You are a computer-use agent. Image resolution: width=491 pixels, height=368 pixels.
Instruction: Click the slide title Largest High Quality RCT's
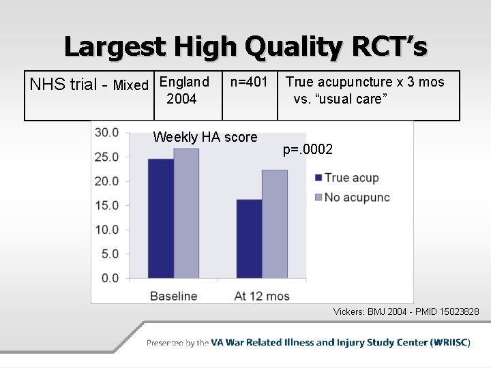(x=245, y=46)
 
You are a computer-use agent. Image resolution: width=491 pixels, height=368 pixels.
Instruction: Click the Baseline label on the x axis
(x=173, y=296)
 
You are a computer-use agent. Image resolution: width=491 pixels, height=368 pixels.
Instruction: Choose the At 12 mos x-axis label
(x=261, y=296)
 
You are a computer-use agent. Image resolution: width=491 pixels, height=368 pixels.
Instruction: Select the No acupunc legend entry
(x=356, y=198)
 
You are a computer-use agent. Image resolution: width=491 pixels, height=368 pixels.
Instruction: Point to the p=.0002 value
(x=308, y=149)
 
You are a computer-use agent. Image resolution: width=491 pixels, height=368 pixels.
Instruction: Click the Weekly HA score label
(x=205, y=137)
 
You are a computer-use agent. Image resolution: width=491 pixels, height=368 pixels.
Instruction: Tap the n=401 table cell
(x=249, y=82)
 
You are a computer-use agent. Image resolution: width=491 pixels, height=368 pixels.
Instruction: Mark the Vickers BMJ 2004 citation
(x=406, y=311)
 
